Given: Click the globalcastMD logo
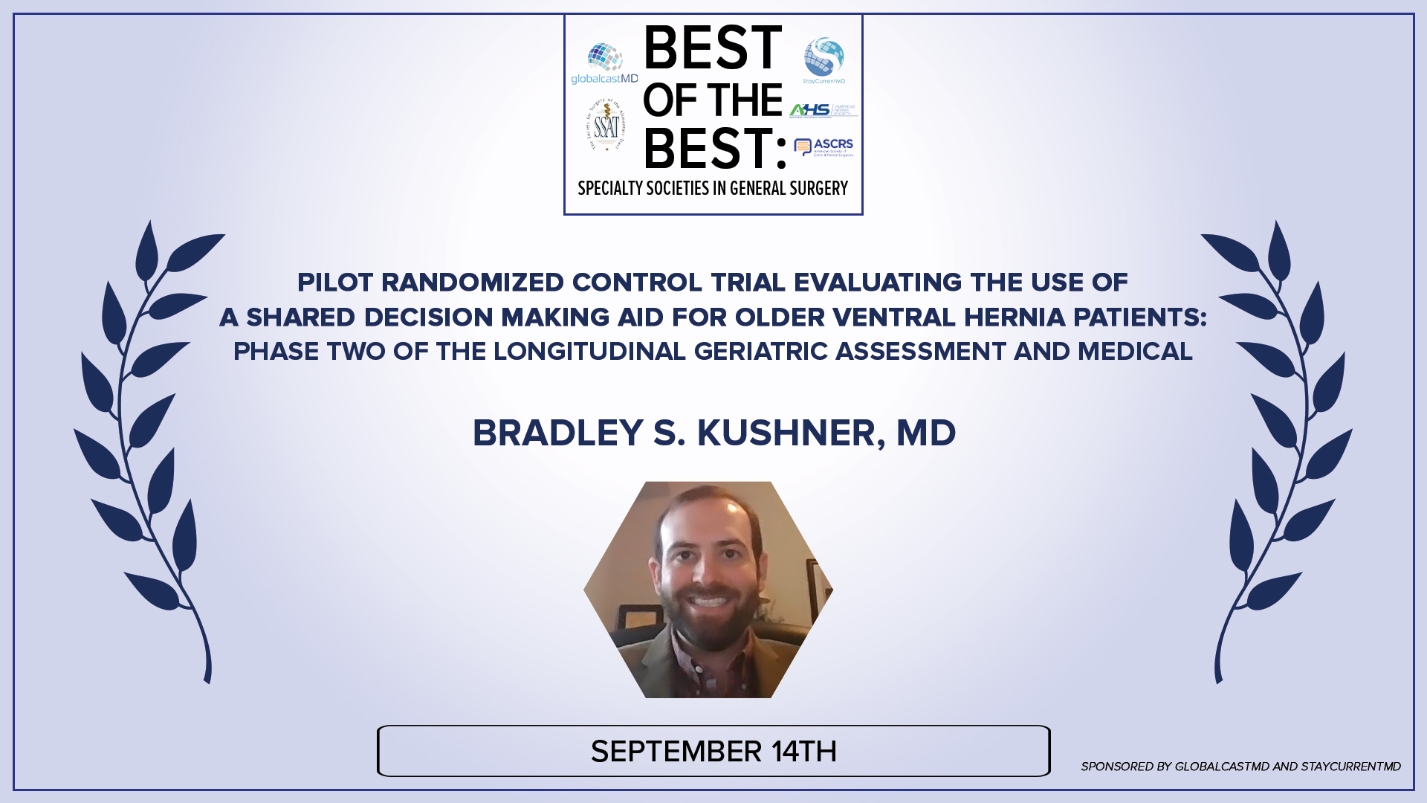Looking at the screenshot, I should point(604,64).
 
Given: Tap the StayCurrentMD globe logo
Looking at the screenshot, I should point(823,59).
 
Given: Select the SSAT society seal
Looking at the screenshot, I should point(607,125).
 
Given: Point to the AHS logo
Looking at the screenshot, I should point(823,110).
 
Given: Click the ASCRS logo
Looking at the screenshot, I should point(823,146).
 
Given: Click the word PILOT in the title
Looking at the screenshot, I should point(334,283).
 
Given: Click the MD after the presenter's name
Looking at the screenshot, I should point(925,433).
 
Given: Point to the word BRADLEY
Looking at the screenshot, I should point(557,433).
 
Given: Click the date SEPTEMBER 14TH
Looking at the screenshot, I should point(713,752).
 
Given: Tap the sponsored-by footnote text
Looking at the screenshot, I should point(1240,767).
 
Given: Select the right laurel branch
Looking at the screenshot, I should point(1278,446).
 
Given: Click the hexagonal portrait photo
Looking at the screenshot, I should point(708,590).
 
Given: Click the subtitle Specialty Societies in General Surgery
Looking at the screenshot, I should point(713,189).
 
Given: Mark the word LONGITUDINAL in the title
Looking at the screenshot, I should point(589,352).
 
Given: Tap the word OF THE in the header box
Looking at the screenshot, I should point(712,100).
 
